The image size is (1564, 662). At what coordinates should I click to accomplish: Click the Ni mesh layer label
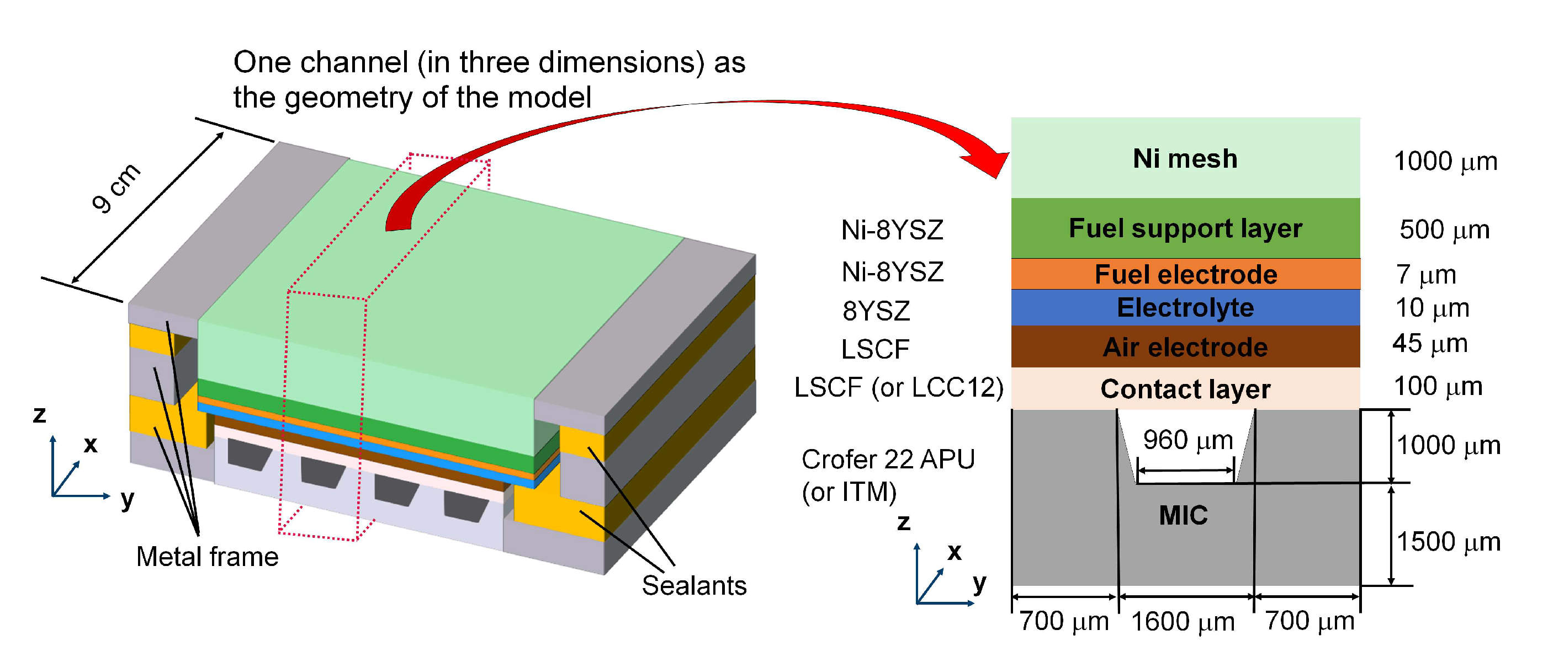click(x=1185, y=159)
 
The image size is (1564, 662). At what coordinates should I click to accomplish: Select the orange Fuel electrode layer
click(x=1185, y=274)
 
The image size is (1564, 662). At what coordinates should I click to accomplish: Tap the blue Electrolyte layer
click(x=1185, y=308)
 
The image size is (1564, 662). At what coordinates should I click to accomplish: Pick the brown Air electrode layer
click(x=1185, y=347)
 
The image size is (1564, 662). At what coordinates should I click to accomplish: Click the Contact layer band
click(x=1185, y=389)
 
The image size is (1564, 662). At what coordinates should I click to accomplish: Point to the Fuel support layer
click(x=1185, y=229)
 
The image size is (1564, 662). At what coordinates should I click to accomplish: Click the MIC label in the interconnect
click(x=1183, y=515)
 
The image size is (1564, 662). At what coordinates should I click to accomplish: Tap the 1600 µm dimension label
click(x=1183, y=621)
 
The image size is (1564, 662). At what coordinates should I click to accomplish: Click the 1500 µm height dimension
click(x=1448, y=541)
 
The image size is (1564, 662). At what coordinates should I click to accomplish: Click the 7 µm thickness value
click(x=1425, y=275)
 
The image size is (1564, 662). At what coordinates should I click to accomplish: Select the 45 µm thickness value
click(x=1430, y=344)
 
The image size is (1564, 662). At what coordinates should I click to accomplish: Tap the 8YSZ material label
click(x=876, y=311)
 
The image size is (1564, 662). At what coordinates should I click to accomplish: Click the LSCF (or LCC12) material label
click(x=899, y=388)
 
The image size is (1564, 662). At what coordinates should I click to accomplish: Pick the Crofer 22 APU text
click(x=888, y=460)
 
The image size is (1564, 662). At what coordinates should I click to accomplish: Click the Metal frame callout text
click(x=207, y=557)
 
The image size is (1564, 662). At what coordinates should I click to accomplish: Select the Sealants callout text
click(x=694, y=585)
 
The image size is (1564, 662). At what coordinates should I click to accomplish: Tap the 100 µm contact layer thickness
click(x=1438, y=387)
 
